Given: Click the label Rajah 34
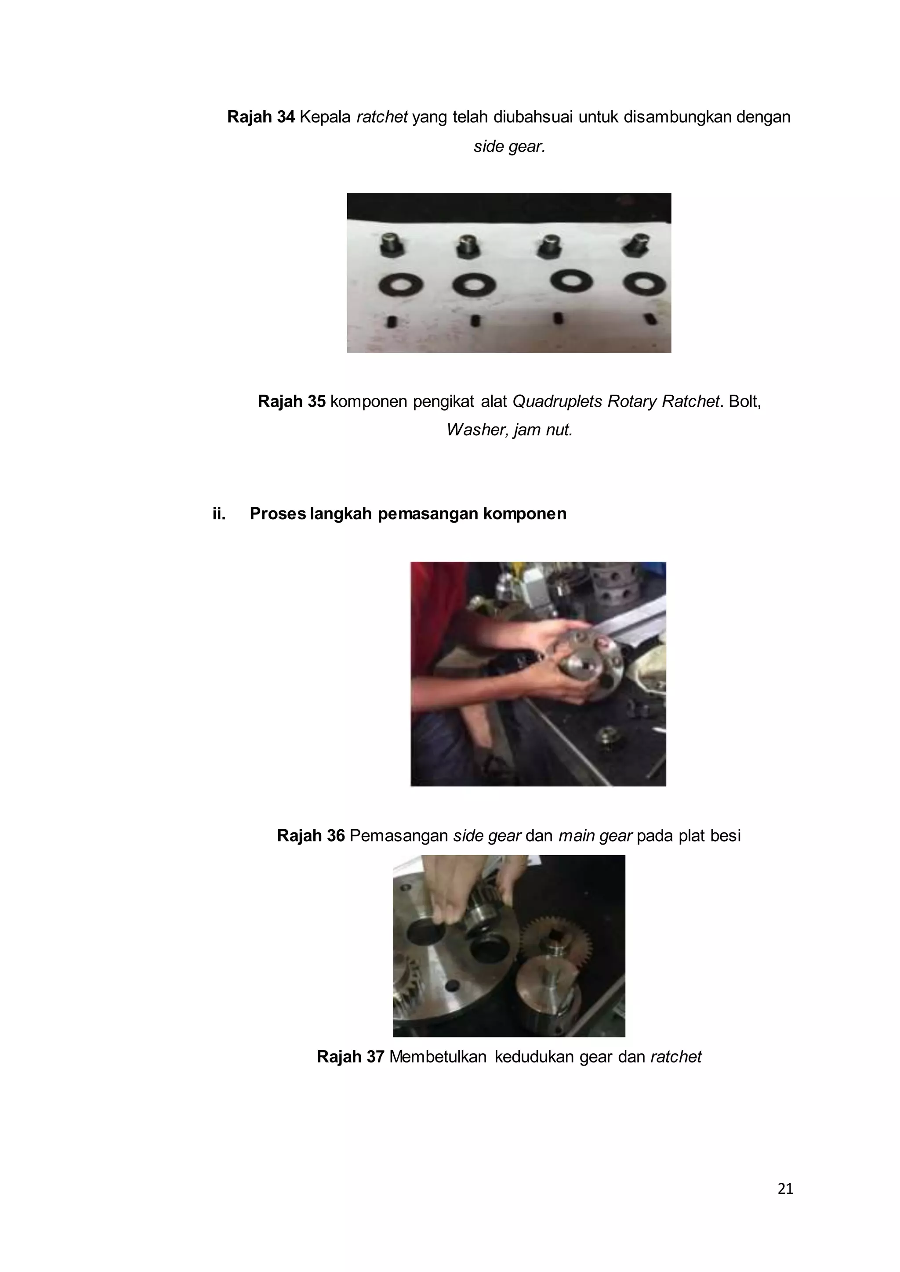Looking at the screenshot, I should click(x=261, y=117).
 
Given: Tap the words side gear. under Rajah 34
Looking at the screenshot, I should click(x=509, y=147).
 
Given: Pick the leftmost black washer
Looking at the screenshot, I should click(x=401, y=285).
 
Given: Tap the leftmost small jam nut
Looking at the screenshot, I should click(x=392, y=322).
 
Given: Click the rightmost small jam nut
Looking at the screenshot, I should click(x=650, y=319).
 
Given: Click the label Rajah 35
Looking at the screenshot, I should click(x=291, y=401).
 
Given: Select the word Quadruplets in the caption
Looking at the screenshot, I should click(x=558, y=401).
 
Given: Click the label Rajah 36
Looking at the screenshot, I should click(x=311, y=835).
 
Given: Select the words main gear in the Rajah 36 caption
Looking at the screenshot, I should click(x=595, y=835).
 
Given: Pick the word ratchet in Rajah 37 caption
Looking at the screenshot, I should click(x=675, y=1057).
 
